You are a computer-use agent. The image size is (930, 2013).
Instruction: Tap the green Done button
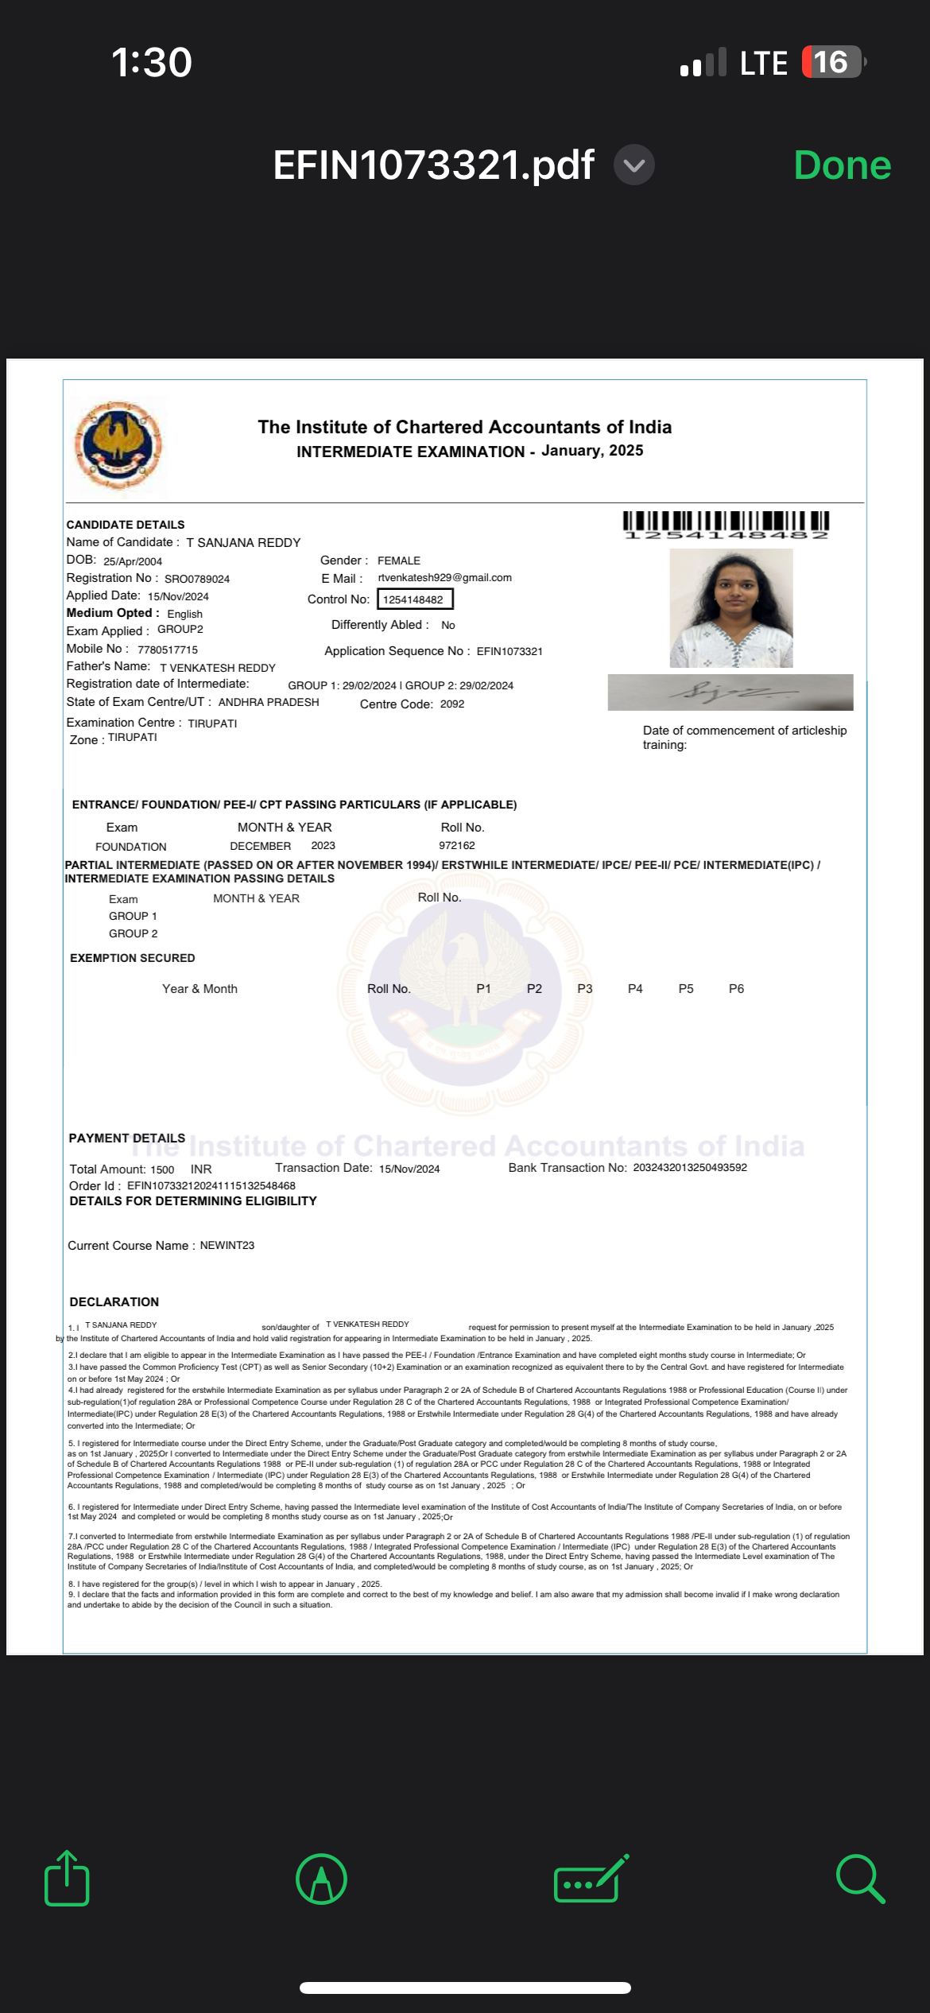click(x=842, y=165)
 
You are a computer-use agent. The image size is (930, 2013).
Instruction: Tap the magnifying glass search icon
click(x=859, y=1879)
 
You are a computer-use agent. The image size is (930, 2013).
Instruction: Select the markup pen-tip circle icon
click(x=321, y=1879)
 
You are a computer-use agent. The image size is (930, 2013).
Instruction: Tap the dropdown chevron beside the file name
click(x=634, y=165)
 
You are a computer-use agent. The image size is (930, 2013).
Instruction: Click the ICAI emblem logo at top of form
click(x=118, y=445)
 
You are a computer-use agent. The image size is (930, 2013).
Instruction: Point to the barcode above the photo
click(x=726, y=525)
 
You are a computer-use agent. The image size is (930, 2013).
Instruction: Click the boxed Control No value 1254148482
click(x=414, y=599)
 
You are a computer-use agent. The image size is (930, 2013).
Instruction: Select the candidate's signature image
click(x=730, y=692)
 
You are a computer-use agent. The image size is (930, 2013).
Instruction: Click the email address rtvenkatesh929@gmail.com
click(x=444, y=578)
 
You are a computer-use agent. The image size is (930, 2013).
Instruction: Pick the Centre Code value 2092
click(x=451, y=704)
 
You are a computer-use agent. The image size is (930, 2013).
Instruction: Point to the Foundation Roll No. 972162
click(x=457, y=846)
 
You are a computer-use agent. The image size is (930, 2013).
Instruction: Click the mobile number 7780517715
click(x=168, y=650)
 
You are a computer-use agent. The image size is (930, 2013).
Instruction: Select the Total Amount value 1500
click(x=162, y=1169)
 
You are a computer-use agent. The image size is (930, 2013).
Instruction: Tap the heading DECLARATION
click(x=114, y=1301)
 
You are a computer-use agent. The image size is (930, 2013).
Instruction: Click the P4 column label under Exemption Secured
click(x=635, y=989)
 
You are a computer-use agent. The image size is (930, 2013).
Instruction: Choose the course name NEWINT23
click(x=227, y=1245)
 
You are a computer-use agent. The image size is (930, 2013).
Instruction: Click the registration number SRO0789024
click(x=197, y=579)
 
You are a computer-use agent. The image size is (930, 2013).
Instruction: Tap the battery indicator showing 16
click(x=831, y=62)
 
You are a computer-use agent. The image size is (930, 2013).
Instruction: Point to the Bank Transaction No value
click(x=690, y=1168)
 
